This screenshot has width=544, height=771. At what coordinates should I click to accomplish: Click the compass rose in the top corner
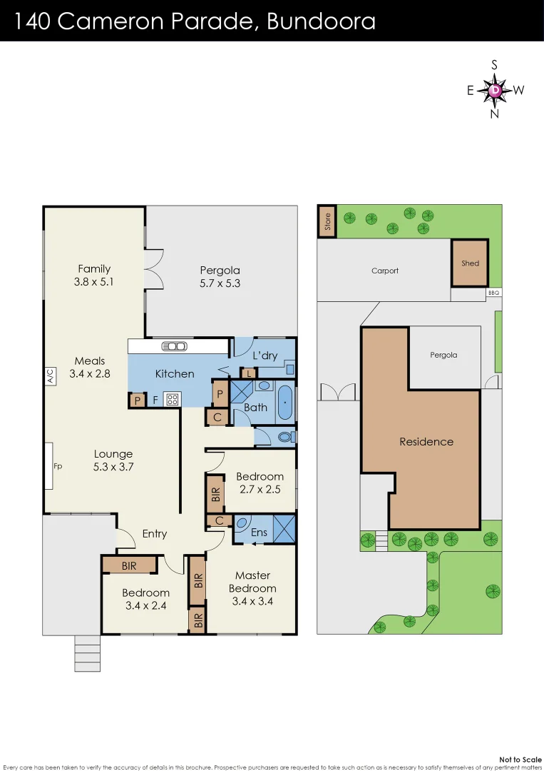495,90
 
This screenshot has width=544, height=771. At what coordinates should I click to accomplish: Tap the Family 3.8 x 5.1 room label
94,275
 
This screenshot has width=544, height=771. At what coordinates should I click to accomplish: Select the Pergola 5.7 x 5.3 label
220,276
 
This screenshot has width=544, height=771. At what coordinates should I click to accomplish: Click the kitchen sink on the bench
175,346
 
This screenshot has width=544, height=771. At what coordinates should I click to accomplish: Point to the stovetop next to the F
172,400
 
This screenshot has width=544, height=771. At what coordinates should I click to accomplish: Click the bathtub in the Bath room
284,403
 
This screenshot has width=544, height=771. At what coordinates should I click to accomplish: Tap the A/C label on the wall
50,376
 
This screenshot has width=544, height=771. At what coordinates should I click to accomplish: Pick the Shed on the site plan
470,263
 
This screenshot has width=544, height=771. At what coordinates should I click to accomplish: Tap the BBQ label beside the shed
493,293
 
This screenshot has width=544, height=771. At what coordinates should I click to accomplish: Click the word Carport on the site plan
385,271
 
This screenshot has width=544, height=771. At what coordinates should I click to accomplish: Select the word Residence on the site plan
426,441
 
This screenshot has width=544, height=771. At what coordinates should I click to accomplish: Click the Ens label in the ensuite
260,532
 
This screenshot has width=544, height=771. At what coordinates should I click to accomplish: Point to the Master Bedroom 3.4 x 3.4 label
252,588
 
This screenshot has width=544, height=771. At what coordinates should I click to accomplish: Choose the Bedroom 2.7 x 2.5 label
260,483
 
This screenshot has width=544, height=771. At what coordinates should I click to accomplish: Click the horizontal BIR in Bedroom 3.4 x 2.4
129,565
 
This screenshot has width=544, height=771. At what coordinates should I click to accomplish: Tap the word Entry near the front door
155,533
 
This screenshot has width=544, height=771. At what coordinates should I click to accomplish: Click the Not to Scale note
520,759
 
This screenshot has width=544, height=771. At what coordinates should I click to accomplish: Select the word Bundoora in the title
321,21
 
